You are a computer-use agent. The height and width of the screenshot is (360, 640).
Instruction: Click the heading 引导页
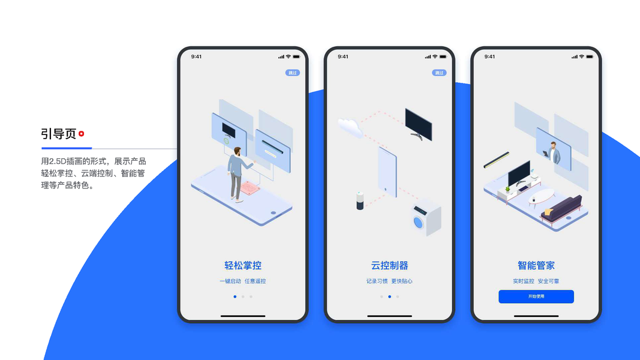58,134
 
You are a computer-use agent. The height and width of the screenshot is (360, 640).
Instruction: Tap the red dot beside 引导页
81,134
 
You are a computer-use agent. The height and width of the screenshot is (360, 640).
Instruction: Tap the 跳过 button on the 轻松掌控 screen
292,73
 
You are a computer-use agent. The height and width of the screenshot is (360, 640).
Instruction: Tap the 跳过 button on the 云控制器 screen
439,73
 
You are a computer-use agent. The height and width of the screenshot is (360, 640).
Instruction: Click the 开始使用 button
536,296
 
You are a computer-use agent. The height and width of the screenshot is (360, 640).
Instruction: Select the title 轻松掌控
243,265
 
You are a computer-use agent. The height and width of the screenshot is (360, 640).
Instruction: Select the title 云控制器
389,265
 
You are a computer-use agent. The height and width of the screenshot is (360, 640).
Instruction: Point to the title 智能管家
536,265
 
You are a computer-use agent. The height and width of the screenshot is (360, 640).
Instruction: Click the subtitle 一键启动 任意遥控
243,281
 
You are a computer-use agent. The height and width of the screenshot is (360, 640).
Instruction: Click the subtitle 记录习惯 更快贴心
389,281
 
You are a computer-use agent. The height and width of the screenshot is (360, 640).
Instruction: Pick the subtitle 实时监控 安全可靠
536,281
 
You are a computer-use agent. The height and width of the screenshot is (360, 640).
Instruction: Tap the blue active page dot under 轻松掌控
235,296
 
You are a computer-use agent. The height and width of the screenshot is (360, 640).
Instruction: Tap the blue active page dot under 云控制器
389,296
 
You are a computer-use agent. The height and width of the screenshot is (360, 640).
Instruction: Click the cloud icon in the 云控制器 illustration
350,127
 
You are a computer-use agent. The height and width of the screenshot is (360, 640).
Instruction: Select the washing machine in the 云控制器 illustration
425,217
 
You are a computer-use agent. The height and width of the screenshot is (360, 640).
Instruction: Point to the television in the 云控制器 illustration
418,124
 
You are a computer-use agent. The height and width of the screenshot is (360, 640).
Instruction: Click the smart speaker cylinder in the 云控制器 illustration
360,200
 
